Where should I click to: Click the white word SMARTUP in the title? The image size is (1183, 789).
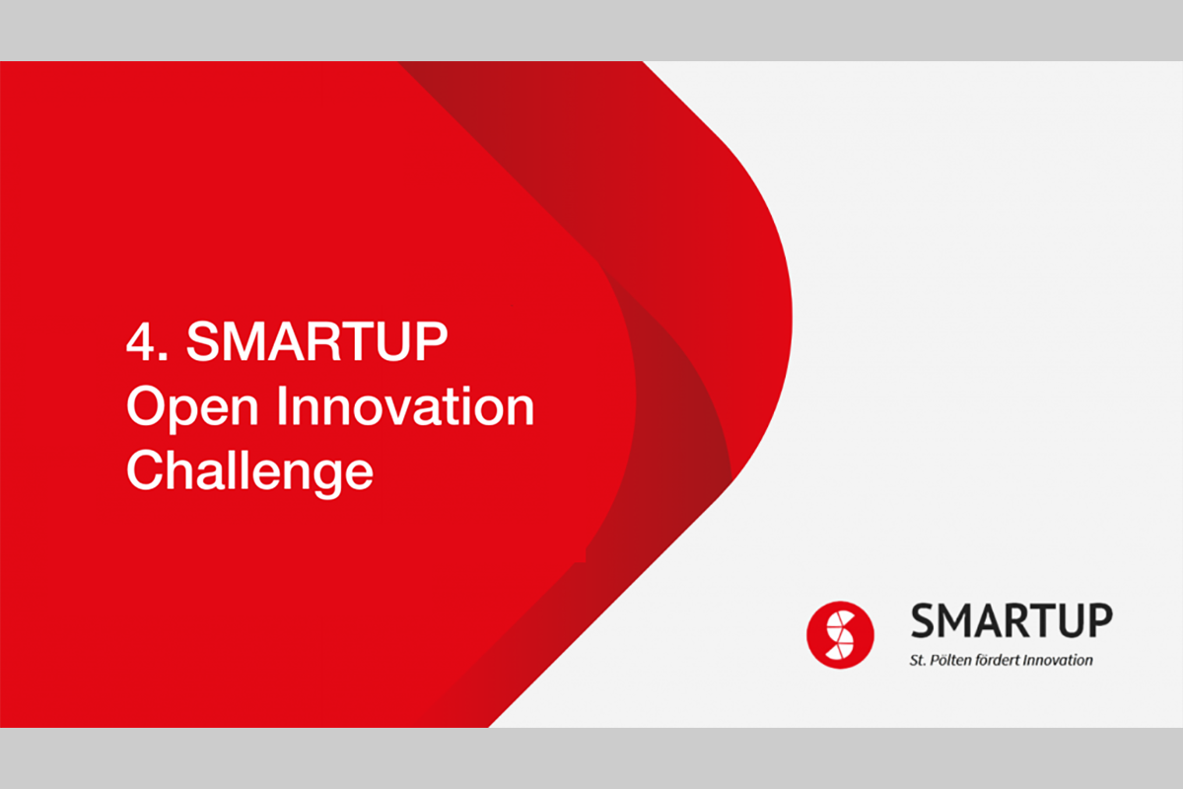coord(316,341)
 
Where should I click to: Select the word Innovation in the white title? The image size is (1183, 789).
coord(405,405)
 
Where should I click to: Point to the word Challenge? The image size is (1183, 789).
coord(249,472)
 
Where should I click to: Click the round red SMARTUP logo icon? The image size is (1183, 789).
coord(840,635)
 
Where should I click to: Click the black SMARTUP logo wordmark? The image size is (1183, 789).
coord(1011,620)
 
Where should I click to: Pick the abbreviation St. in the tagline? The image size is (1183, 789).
coord(918,660)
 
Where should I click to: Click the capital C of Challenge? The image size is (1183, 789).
coord(144,469)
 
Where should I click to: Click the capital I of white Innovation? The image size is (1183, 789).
coord(282,405)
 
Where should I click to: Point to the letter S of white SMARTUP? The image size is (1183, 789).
coord(203,341)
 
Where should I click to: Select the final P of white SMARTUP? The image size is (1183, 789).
coord(431,341)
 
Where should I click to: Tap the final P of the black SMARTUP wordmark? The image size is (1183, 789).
coord(1100,620)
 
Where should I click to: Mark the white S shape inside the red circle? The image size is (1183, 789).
coord(840,635)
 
